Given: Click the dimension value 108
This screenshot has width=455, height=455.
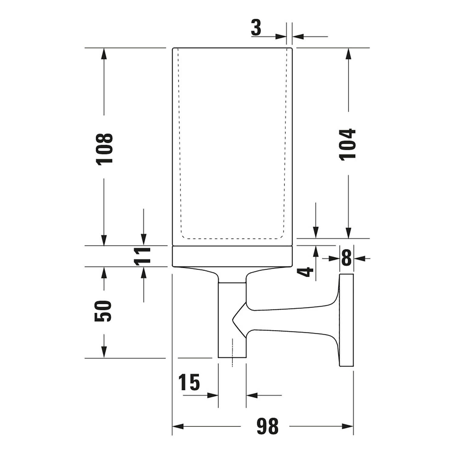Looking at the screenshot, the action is [x=105, y=149].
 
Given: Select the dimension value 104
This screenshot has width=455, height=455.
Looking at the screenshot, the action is [x=348, y=144].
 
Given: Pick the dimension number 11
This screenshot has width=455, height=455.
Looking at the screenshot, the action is [x=143, y=256].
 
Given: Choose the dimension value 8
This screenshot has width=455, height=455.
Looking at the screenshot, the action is [x=346, y=258].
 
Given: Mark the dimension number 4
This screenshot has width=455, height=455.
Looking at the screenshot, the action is [x=307, y=271].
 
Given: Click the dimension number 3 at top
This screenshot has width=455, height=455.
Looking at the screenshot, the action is [x=256, y=28].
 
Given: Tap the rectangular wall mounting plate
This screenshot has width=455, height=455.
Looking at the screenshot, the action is [x=346, y=320].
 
